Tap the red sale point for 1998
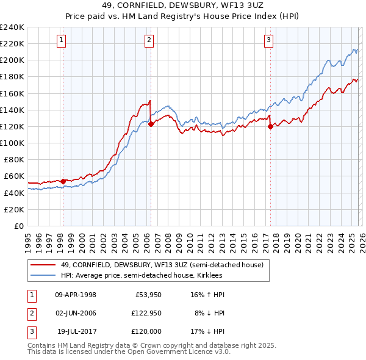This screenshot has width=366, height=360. point(63,181)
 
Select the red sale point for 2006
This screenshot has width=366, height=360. point(151,124)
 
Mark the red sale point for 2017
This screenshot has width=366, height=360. point(270,127)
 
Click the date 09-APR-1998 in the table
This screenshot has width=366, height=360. point(76,295)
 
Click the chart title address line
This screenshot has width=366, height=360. point(183,5)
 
